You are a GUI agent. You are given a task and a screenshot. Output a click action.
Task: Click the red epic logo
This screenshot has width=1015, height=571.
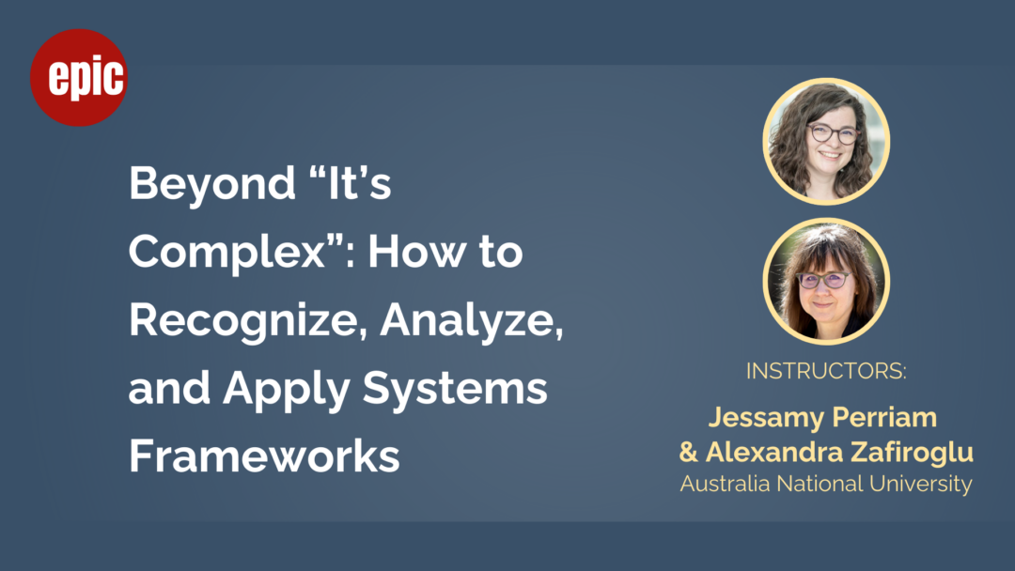click(x=79, y=78)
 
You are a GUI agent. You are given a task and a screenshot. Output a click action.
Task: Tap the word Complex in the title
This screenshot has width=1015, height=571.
click(x=226, y=253)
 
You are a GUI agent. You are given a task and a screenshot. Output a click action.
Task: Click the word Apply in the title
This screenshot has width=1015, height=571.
click(x=286, y=391)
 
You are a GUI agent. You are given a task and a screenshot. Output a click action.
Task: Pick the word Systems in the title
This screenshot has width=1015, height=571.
click(x=455, y=390)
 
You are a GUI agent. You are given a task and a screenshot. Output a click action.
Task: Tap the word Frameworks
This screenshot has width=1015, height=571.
click(x=264, y=455)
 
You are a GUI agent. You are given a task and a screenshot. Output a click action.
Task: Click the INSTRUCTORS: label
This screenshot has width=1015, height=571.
click(x=826, y=371)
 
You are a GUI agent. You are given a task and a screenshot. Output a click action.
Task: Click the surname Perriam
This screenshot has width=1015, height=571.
click(x=880, y=418)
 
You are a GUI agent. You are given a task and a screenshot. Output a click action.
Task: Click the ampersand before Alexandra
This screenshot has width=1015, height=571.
click(x=688, y=452)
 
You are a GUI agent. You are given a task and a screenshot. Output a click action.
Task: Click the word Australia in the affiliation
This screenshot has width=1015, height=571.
click(x=725, y=484)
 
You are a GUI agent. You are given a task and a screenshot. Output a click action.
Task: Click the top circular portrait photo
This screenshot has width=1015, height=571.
click(x=826, y=142)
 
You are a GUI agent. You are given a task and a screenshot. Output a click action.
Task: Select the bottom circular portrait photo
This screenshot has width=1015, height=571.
click(x=826, y=282)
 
